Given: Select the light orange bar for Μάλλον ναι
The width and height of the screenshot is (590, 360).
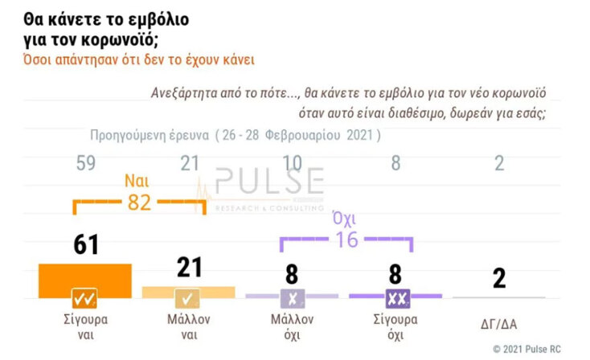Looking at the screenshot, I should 188,291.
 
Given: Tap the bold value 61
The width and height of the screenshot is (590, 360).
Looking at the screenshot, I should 85,244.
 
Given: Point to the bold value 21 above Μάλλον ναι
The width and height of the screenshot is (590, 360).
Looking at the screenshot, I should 189,268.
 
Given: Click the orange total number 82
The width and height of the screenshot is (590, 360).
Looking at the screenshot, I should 139,202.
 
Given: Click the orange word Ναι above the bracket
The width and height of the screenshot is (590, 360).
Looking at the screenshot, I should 138,181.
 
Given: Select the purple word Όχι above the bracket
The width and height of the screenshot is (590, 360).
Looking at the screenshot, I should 346,218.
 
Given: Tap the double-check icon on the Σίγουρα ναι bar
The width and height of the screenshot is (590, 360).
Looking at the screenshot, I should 85,299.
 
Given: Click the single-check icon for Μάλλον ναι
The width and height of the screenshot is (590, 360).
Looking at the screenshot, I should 189,300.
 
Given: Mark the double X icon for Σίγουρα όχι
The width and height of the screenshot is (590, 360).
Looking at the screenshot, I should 395,300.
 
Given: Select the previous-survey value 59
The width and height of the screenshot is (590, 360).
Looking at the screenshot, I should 85,164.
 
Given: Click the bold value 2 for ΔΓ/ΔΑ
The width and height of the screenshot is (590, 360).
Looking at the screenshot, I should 498,278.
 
